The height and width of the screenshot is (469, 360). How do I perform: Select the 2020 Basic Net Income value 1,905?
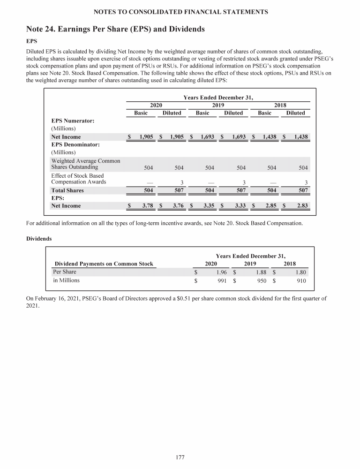pyautogui.click(x=146, y=137)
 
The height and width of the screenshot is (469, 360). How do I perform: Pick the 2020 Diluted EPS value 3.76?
pyautogui.click(x=176, y=205)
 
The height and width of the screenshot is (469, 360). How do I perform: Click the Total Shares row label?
pyautogui.click(x=67, y=190)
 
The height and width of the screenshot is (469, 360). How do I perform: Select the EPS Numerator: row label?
pyautogui.click(x=73, y=121)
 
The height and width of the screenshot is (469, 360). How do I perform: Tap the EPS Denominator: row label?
pyautogui.click(x=75, y=144)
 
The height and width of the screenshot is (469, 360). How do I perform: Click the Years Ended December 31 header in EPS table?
pyautogui.click(x=218, y=98)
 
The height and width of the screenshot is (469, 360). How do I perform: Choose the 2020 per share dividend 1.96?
pyautogui.click(x=222, y=272)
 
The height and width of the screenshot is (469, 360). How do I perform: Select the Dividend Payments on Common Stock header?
pyautogui.click(x=104, y=264)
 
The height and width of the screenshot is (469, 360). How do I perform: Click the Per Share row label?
pyautogui.click(x=64, y=272)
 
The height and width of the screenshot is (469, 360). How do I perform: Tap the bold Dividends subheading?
pyautogui.click(x=39, y=239)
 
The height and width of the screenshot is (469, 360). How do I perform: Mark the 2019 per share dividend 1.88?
pyautogui.click(x=261, y=272)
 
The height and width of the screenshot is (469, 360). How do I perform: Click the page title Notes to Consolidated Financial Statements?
pyautogui.click(x=180, y=11)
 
